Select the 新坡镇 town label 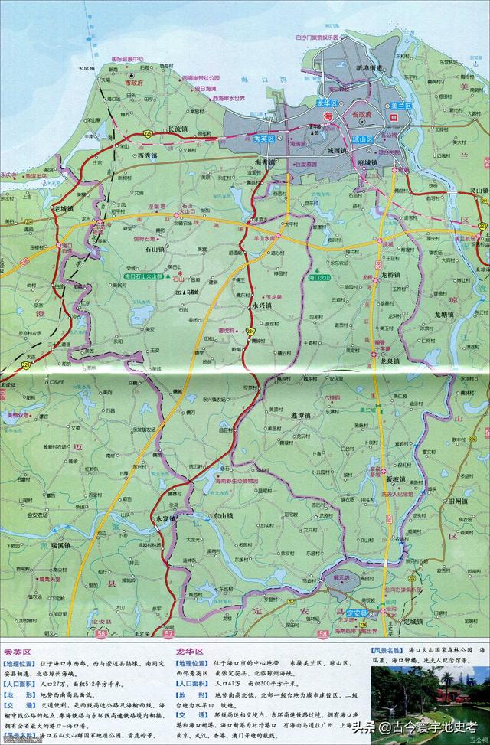pos(395,479)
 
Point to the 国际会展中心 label pos(128,57)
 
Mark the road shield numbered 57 pos(168,634)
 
